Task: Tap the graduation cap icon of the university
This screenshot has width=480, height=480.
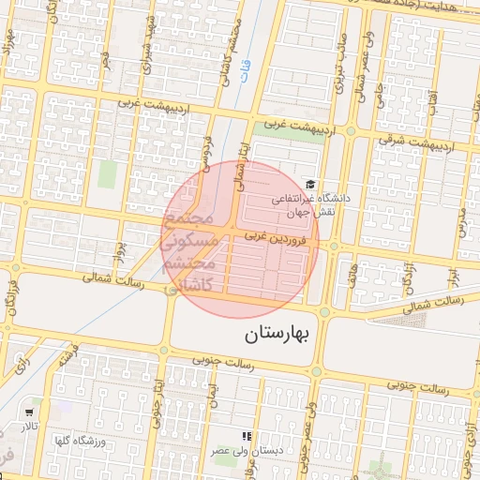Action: pyautogui.click(x=310, y=185)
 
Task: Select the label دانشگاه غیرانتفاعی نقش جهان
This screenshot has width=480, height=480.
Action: pyautogui.click(x=310, y=206)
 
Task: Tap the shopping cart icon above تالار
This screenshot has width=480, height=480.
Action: pyautogui.click(x=31, y=412)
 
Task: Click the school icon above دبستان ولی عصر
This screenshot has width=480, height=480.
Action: pyautogui.click(x=247, y=436)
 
